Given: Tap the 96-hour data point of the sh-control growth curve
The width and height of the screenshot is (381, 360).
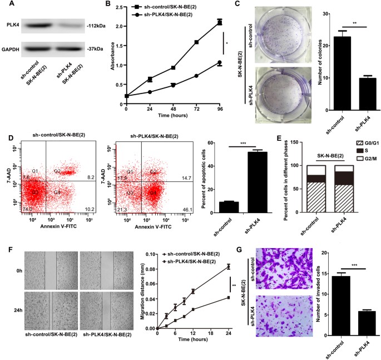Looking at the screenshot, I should click(220, 22).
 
